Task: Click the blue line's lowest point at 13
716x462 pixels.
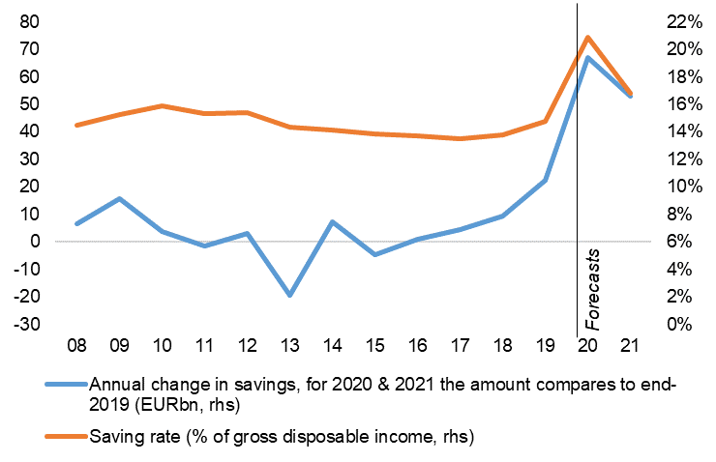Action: pyautogui.click(x=289, y=295)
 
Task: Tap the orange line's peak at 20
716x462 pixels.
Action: pyautogui.click(x=587, y=38)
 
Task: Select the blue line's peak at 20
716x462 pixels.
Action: pyautogui.click(x=587, y=58)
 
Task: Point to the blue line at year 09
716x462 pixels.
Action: pyautogui.click(x=119, y=199)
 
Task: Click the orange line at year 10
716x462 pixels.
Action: pyautogui.click(x=162, y=106)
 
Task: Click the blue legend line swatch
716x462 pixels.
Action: pyautogui.click(x=66, y=384)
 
